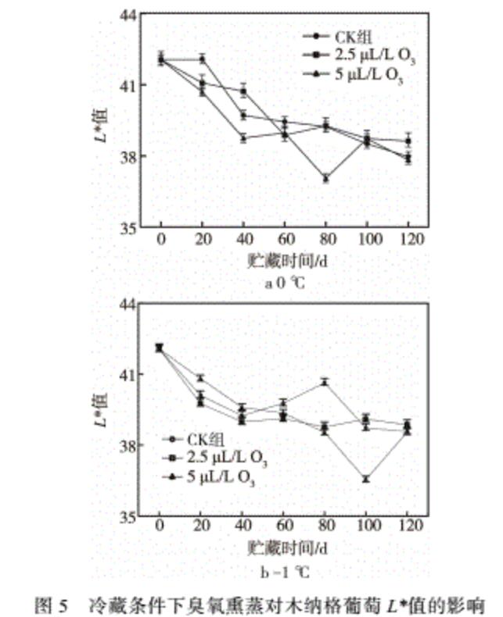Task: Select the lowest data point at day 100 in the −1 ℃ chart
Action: tap(365, 479)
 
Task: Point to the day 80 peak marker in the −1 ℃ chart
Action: tap(325, 382)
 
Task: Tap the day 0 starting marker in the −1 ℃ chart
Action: tap(160, 348)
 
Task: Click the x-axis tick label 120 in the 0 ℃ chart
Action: tap(408, 239)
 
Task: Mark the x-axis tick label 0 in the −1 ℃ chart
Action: tap(160, 529)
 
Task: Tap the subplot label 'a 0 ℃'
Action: tap(283, 283)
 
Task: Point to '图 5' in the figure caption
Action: tap(54, 602)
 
